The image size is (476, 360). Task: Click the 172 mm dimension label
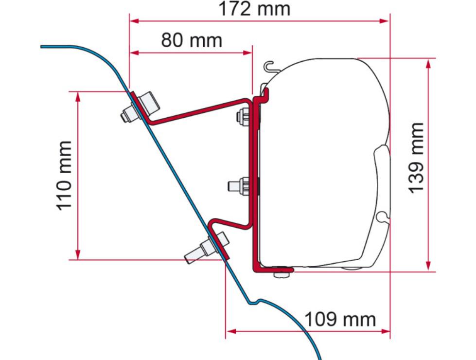pyautogui.click(x=254, y=9)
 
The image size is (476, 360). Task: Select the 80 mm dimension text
pyautogui.click(x=192, y=40)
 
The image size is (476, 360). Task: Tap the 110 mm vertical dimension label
pyautogui.click(x=64, y=176)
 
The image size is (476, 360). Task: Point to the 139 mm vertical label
pyautogui.click(x=415, y=158)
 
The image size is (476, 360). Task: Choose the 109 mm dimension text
pyautogui.click(x=340, y=319)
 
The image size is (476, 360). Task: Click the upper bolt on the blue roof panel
pyautogui.click(x=140, y=107)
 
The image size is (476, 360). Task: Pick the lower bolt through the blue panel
pyautogui.click(x=207, y=248)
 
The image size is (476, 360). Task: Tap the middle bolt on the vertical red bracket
pyautogui.click(x=239, y=185)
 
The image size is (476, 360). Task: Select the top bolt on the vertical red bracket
pyautogui.click(x=243, y=117)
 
